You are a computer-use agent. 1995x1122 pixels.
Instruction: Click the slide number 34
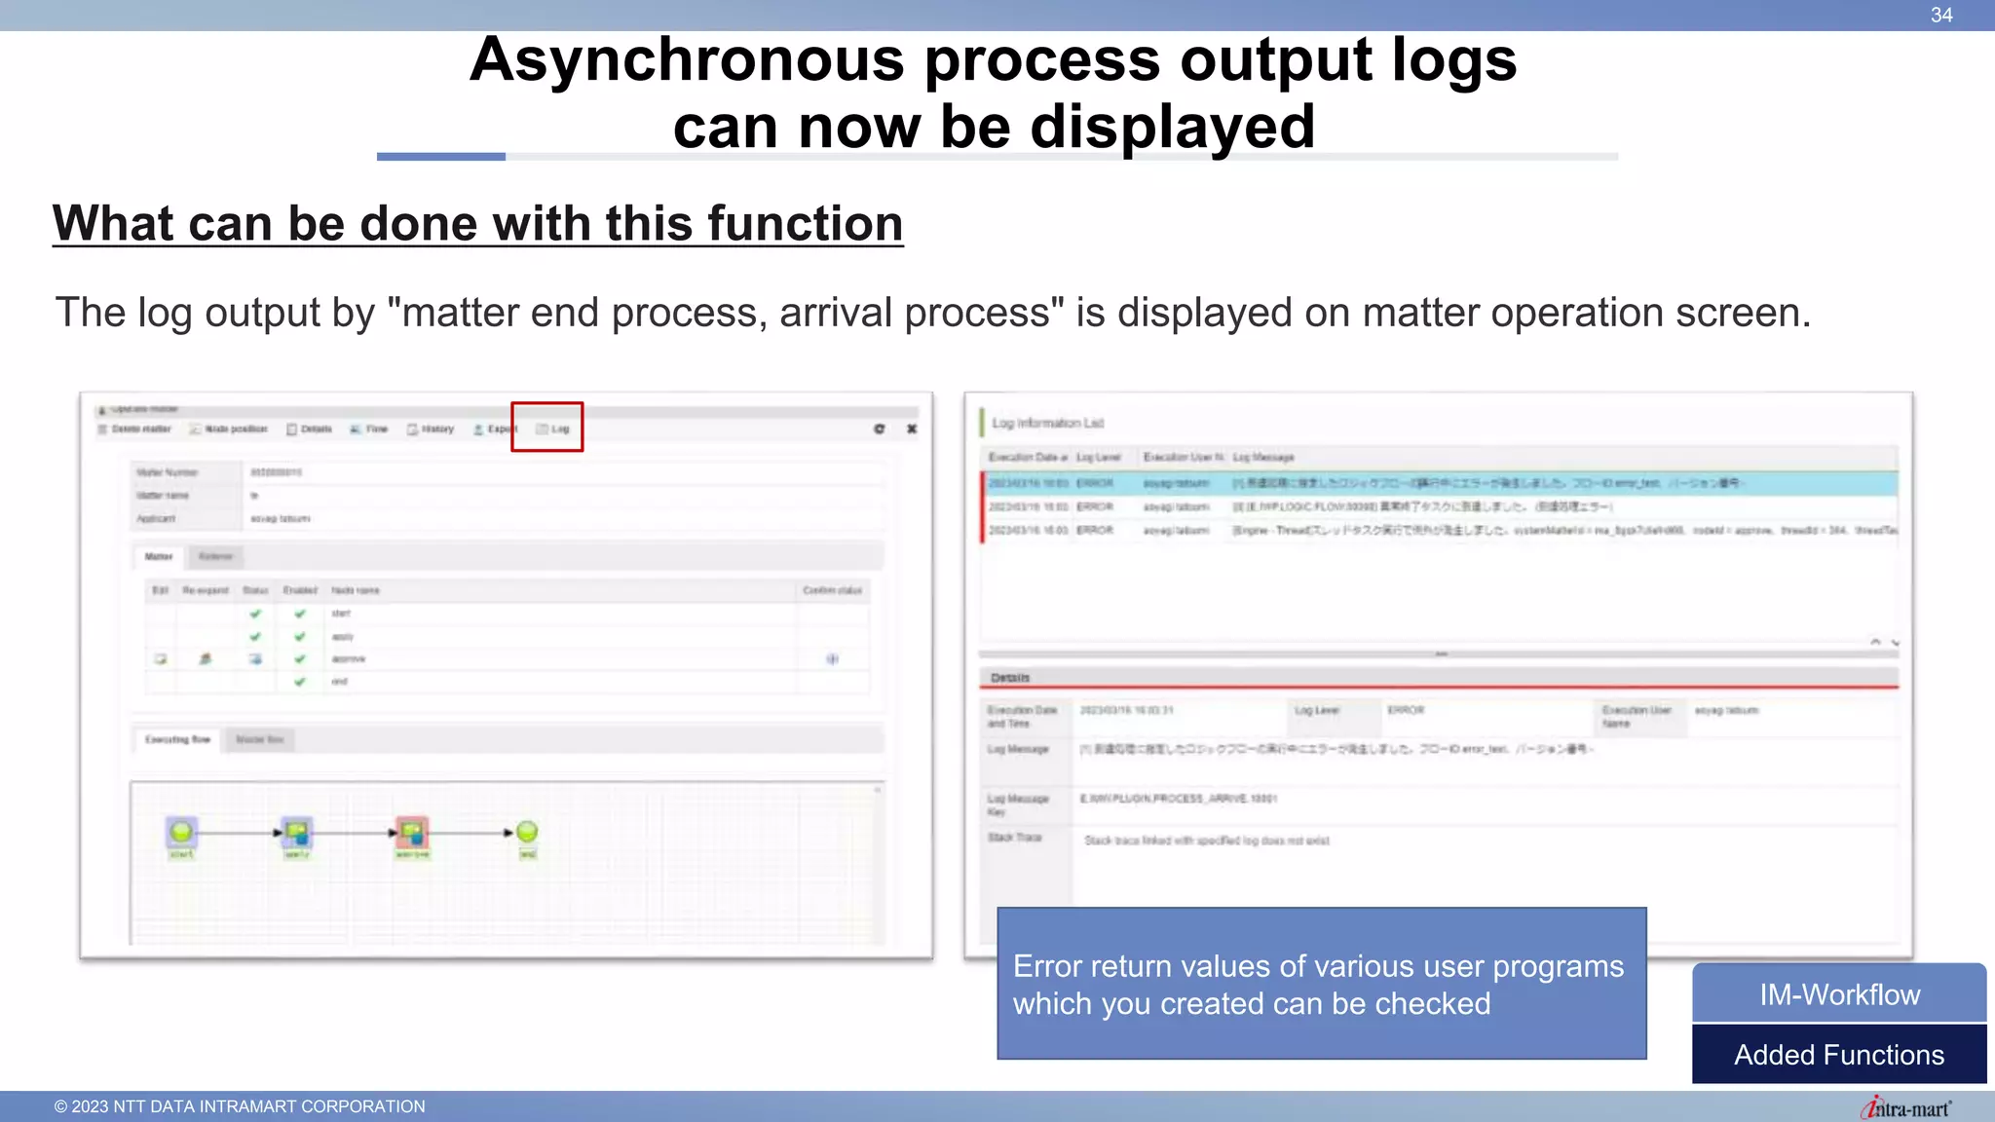(1940, 16)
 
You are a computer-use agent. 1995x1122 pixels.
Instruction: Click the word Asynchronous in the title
(686, 60)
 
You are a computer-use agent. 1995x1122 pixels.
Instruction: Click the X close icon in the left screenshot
(912, 429)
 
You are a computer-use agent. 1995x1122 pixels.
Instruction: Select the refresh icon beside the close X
(880, 429)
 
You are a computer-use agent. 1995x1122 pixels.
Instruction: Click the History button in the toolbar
(431, 429)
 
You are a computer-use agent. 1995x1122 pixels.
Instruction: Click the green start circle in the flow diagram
(181, 832)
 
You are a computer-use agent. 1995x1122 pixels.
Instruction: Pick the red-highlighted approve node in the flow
(412, 833)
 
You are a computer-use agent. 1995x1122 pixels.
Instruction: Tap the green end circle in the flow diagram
(527, 832)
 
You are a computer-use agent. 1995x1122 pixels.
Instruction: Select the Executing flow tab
(177, 739)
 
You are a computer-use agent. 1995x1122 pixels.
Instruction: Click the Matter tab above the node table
(159, 556)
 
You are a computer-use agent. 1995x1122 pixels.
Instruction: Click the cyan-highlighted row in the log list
(1440, 483)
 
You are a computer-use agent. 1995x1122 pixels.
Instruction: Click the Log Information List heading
(1047, 423)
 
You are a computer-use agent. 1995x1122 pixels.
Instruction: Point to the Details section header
(1010, 678)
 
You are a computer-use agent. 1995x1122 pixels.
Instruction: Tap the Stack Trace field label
(1015, 838)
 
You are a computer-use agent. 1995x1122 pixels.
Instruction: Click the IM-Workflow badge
(1839, 994)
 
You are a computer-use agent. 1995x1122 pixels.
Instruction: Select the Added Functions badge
(1839, 1055)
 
